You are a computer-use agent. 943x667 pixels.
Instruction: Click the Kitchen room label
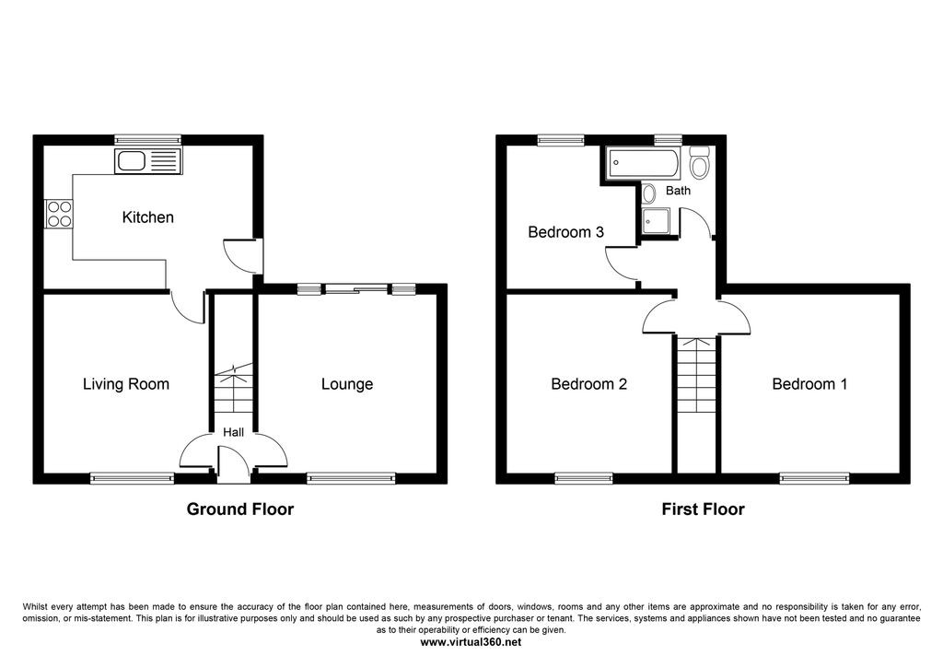pos(148,217)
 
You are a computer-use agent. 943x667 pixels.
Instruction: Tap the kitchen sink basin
pos(129,161)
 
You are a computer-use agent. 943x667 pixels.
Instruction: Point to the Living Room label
pos(125,384)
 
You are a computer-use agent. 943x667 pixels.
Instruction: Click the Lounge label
pos(347,384)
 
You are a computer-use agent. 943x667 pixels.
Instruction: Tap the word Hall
pos(233,432)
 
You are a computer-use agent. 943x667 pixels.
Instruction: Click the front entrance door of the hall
pos(233,464)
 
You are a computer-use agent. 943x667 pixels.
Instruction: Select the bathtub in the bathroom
pos(644,162)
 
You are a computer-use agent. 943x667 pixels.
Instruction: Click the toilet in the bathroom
pos(700,161)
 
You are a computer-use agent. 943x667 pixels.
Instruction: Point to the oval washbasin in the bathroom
pos(648,193)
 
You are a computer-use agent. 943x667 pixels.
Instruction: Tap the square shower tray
pos(656,222)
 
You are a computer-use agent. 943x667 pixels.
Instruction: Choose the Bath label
pos(679,191)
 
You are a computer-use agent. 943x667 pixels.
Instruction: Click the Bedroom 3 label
pos(566,231)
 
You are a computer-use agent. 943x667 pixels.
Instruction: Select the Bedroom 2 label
pos(588,384)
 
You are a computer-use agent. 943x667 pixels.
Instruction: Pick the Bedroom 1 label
pos(809,384)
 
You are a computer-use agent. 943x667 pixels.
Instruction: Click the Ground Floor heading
pos(240,509)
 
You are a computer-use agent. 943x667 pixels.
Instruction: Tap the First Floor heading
pos(703,509)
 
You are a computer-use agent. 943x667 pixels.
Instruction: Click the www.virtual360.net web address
pos(471,642)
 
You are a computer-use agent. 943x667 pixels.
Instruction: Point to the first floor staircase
pos(696,375)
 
